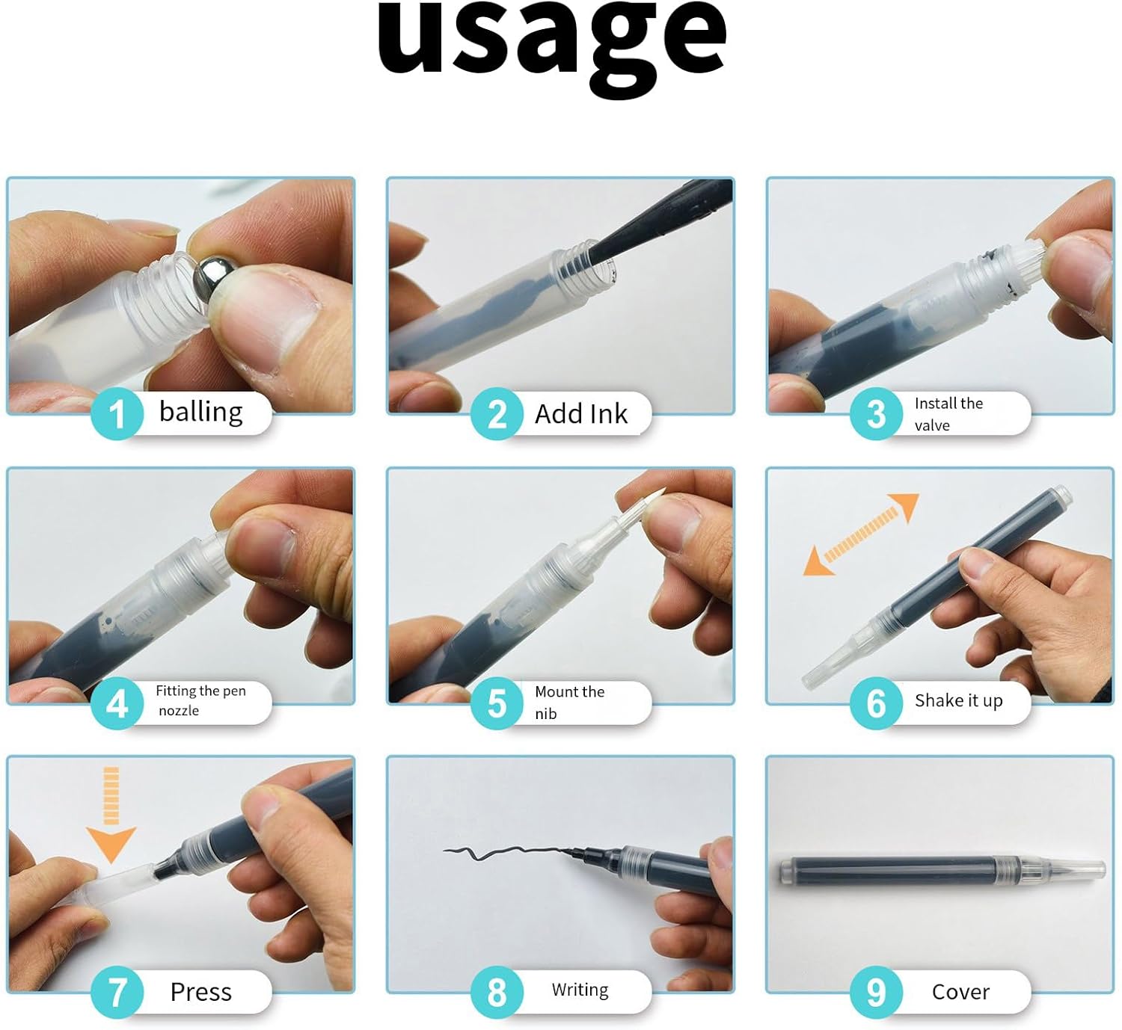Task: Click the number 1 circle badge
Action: pyautogui.click(x=117, y=414)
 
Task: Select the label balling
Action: pyautogui.click(x=200, y=412)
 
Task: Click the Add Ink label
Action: pyautogui.click(x=581, y=414)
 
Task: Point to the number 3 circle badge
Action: pyautogui.click(x=876, y=414)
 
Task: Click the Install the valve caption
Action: pyautogui.click(x=948, y=414)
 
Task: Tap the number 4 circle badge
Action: pyautogui.click(x=117, y=703)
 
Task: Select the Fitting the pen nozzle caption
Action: pyautogui.click(x=200, y=700)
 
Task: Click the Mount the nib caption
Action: pyautogui.click(x=569, y=703)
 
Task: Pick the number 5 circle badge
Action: pyautogui.click(x=497, y=703)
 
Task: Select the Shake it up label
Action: pyautogui.click(x=959, y=700)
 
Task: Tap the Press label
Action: pyautogui.click(x=200, y=992)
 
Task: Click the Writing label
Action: pyautogui.click(x=580, y=990)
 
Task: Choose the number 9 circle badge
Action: pyautogui.click(x=876, y=992)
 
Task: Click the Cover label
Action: pyautogui.click(x=960, y=992)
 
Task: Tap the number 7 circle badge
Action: pyautogui.click(x=117, y=992)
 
